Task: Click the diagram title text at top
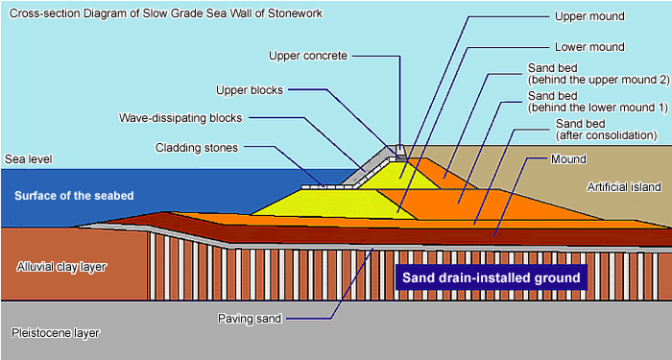coord(164,12)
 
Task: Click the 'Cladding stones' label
coord(196,148)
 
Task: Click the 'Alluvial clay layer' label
coord(60,266)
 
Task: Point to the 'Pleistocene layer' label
coord(55,333)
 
